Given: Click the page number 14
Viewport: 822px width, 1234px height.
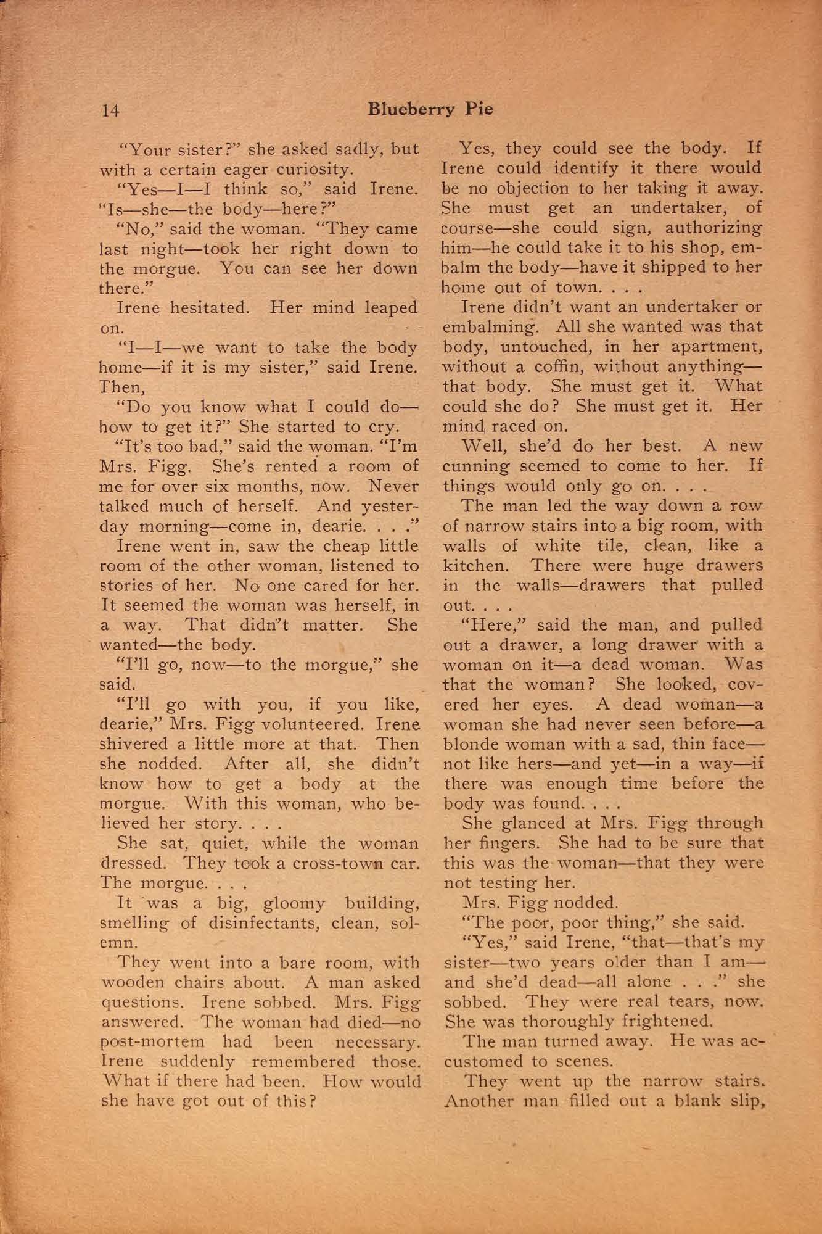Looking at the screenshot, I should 110,110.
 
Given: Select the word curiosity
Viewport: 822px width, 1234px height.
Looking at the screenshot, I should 319,169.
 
